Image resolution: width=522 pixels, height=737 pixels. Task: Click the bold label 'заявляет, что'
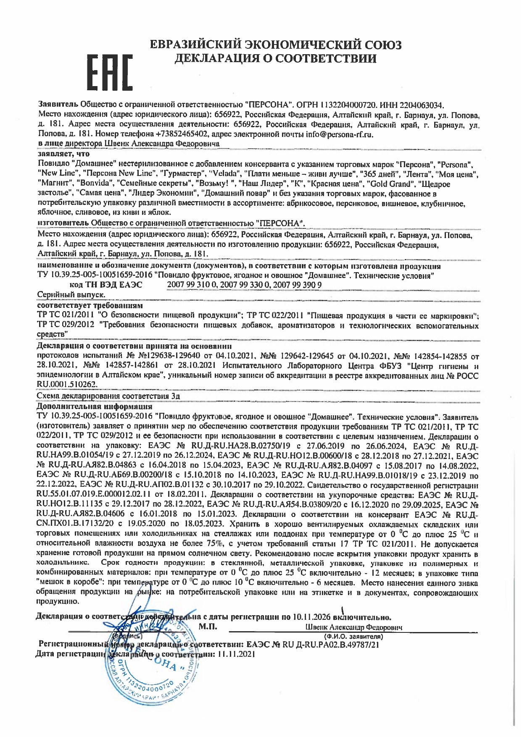pyautogui.click(x=63, y=154)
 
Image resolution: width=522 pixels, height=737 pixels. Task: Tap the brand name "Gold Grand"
pyautogui.click(x=389, y=184)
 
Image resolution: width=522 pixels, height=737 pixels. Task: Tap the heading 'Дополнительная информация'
pyautogui.click(x=95, y=406)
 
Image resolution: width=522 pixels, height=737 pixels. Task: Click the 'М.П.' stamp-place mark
pyautogui.click(x=207, y=627)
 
